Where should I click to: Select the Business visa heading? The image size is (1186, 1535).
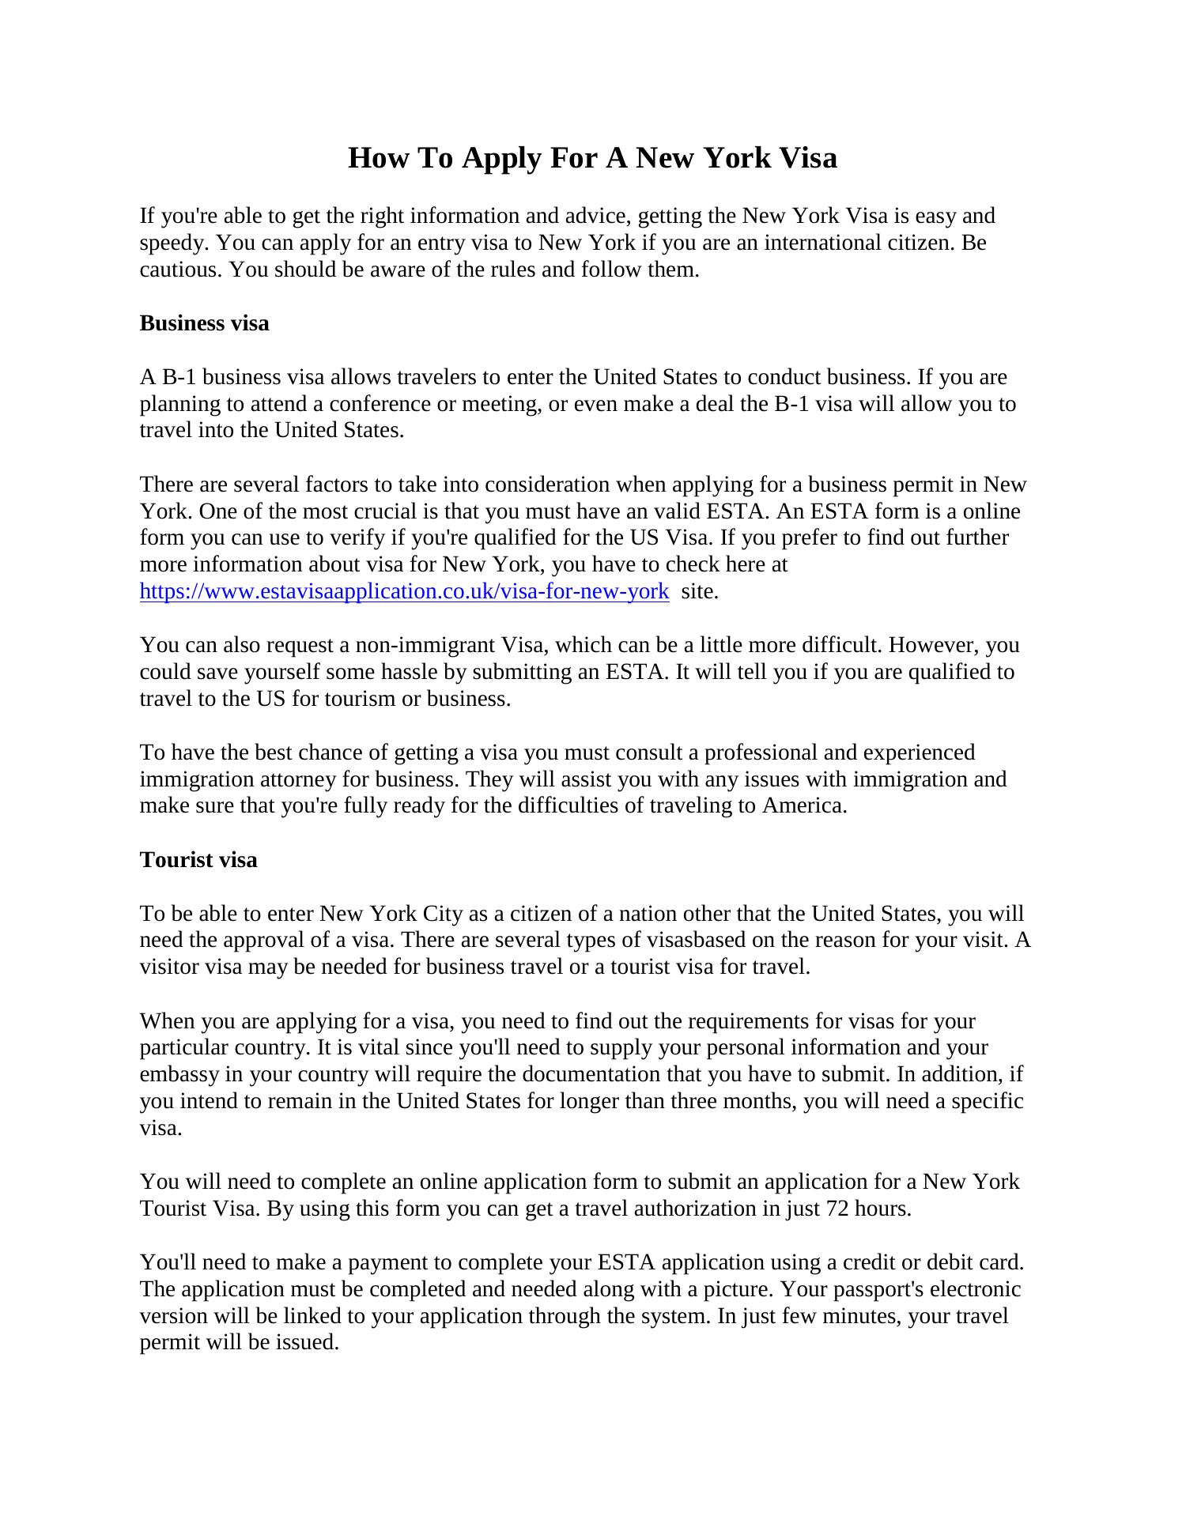[204, 323]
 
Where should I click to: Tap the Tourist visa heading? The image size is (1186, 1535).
[198, 860]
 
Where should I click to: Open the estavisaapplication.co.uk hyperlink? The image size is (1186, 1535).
[404, 591]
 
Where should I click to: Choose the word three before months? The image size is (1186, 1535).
[699, 1102]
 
